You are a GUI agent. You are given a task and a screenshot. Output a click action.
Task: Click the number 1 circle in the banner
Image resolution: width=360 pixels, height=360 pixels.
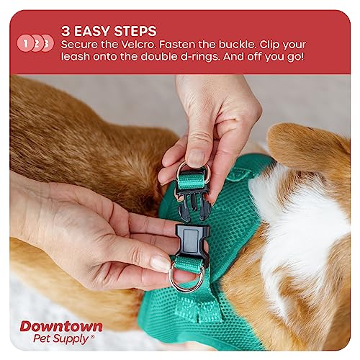click(26, 43)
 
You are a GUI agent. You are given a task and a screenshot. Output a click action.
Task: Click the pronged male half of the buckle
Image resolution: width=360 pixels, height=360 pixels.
click(193, 206)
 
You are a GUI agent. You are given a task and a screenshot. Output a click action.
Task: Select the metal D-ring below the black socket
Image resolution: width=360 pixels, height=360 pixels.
click(186, 279)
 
